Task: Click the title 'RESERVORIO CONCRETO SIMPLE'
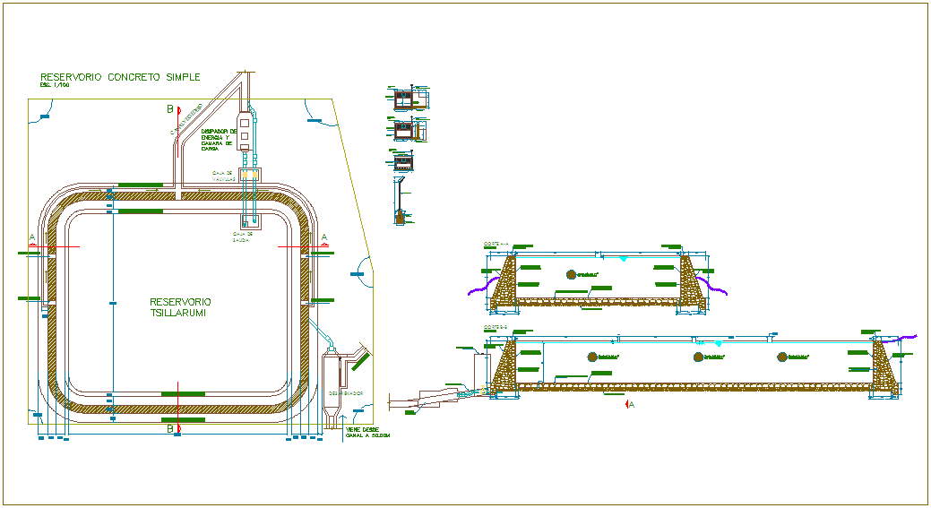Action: tap(120, 77)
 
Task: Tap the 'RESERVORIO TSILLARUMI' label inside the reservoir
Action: tap(180, 307)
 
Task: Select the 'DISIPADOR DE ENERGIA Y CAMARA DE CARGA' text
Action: tap(216, 139)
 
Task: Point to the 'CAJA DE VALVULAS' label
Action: tap(223, 176)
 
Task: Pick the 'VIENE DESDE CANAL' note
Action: tap(367, 432)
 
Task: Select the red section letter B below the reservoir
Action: tap(169, 428)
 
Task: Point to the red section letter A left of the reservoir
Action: tap(32, 237)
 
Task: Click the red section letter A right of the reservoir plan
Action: tap(324, 237)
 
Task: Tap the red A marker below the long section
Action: tap(630, 404)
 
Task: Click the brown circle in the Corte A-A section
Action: tap(570, 273)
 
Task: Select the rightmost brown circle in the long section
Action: tap(781, 357)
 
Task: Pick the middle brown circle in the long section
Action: tap(698, 357)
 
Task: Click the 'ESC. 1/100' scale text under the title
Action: tap(55, 85)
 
